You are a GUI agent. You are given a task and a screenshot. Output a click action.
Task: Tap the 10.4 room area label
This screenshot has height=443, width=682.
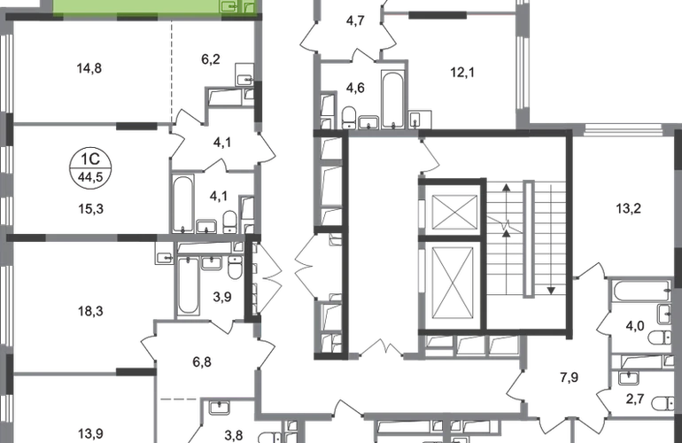(x=91, y=433)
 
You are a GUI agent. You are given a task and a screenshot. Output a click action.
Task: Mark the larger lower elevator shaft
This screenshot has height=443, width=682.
(x=453, y=279)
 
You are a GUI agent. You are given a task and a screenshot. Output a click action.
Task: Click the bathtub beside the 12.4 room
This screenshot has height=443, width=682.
(x=390, y=96)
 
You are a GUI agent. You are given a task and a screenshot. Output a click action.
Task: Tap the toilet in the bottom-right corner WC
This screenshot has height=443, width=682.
(x=661, y=404)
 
